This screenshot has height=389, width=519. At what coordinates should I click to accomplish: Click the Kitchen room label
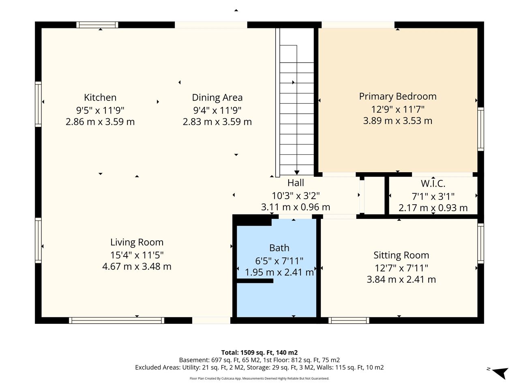100,98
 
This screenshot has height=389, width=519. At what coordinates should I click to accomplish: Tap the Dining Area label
217,98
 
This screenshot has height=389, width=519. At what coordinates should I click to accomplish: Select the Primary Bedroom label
398,96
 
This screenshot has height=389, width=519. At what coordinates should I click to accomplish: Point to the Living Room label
137,242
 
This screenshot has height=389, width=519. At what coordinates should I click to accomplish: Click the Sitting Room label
401,255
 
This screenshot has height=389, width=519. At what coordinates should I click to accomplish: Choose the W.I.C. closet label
433,184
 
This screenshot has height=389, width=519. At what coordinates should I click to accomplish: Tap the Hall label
296,183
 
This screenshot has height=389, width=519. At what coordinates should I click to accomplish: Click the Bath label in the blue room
279,248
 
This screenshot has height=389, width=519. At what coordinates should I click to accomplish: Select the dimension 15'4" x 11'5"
137,255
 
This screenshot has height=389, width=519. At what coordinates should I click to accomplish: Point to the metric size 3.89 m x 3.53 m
398,121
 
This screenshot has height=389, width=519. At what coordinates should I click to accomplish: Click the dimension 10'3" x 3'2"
296,196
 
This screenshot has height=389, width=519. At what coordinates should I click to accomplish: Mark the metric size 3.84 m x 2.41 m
401,280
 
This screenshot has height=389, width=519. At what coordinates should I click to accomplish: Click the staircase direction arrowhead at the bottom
297,173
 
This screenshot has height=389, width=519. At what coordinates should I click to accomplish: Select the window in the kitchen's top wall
97,25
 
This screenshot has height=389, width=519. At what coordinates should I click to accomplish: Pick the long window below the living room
116,321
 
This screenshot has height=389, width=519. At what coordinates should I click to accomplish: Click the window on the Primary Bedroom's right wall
481,129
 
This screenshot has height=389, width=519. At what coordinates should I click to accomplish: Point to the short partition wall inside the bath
255,281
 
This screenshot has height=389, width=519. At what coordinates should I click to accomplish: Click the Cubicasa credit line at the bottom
259,378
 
